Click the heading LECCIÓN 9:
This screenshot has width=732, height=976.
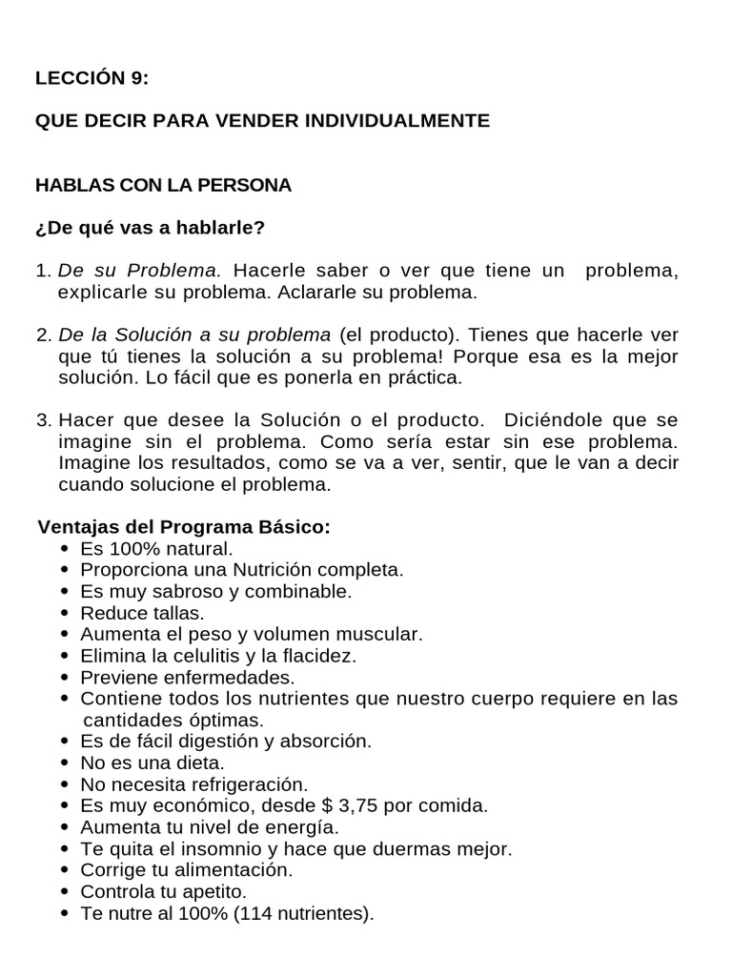[92, 80]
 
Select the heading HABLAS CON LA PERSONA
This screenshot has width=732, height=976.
[163, 185]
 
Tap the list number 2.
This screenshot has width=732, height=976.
[42, 335]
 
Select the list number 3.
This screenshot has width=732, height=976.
[42, 420]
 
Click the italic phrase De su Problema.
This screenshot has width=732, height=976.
[139, 272]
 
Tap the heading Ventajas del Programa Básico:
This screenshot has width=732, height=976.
[184, 527]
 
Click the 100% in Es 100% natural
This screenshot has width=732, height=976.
[129, 549]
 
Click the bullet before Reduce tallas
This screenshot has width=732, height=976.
[64, 613]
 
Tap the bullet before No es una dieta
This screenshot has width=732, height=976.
[64, 762]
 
